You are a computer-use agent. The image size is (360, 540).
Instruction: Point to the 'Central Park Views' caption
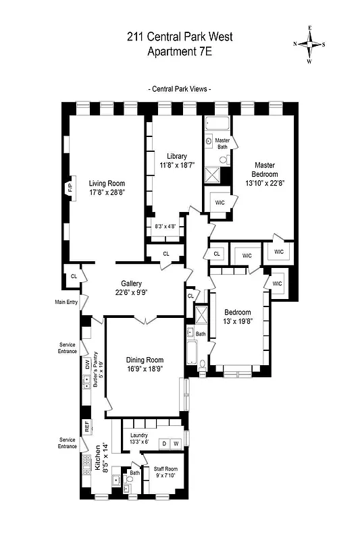pyautogui.click(x=179, y=88)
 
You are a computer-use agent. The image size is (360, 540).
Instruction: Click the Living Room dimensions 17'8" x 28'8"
pyautogui.click(x=107, y=192)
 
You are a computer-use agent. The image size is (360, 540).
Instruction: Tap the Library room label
pyautogui.click(x=177, y=157)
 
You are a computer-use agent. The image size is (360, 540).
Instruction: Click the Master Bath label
pyautogui.click(x=223, y=143)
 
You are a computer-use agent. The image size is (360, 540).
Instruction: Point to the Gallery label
pyautogui.click(x=131, y=283)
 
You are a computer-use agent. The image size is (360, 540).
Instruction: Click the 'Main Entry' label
pyautogui.click(x=68, y=302)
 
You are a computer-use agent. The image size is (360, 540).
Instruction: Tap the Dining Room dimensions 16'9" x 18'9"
pyautogui.click(x=145, y=369)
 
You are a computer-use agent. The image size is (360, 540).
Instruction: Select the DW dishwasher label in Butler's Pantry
pyautogui.click(x=87, y=364)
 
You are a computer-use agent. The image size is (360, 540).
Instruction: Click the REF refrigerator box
pyautogui.click(x=86, y=427)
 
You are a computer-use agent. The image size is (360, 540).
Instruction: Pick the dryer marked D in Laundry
pyautogui.click(x=163, y=443)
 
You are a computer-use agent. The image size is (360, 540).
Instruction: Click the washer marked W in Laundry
pyautogui.click(x=176, y=443)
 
